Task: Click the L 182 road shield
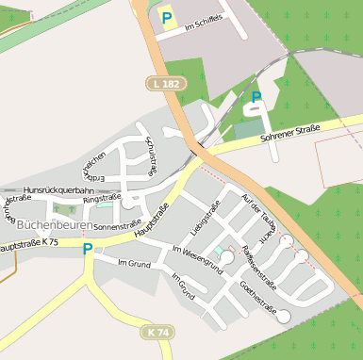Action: (164, 85)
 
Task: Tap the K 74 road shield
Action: (159, 333)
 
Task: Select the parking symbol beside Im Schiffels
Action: (167, 18)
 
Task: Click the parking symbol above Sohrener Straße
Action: (256, 97)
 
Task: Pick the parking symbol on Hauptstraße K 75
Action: (88, 250)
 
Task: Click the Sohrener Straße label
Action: (289, 134)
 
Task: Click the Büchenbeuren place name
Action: (53, 225)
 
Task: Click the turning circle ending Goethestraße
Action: (284, 317)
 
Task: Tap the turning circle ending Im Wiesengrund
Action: (227, 257)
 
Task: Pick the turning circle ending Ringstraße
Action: (128, 201)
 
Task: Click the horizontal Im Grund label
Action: (134, 263)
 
